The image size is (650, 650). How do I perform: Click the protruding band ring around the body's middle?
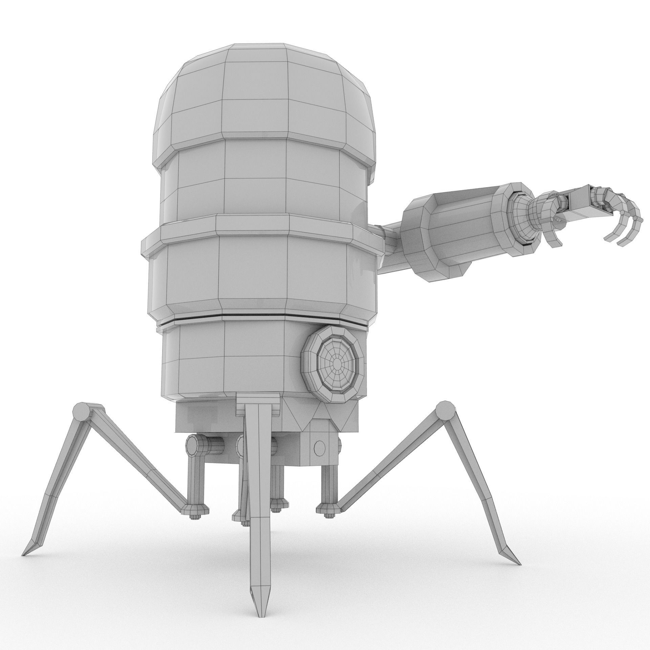coord(257,230)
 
